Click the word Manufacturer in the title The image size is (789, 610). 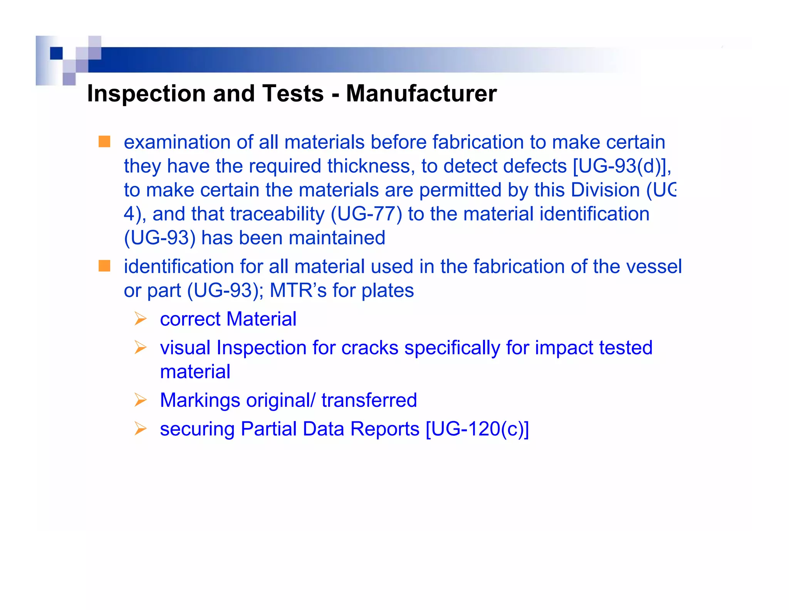(x=421, y=94)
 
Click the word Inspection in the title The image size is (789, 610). (x=146, y=94)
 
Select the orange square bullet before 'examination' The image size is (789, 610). (x=104, y=142)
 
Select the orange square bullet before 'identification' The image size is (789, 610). (x=104, y=266)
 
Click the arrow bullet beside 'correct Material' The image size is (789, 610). (x=141, y=319)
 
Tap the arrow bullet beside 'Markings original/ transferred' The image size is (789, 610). (x=141, y=400)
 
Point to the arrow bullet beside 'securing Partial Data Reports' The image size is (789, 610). (x=141, y=429)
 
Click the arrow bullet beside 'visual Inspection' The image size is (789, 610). (x=141, y=347)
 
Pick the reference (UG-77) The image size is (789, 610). (x=366, y=214)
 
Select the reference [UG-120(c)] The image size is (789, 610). (x=477, y=429)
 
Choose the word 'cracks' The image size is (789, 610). (x=369, y=348)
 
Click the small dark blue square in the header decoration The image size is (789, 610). (x=56, y=53)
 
